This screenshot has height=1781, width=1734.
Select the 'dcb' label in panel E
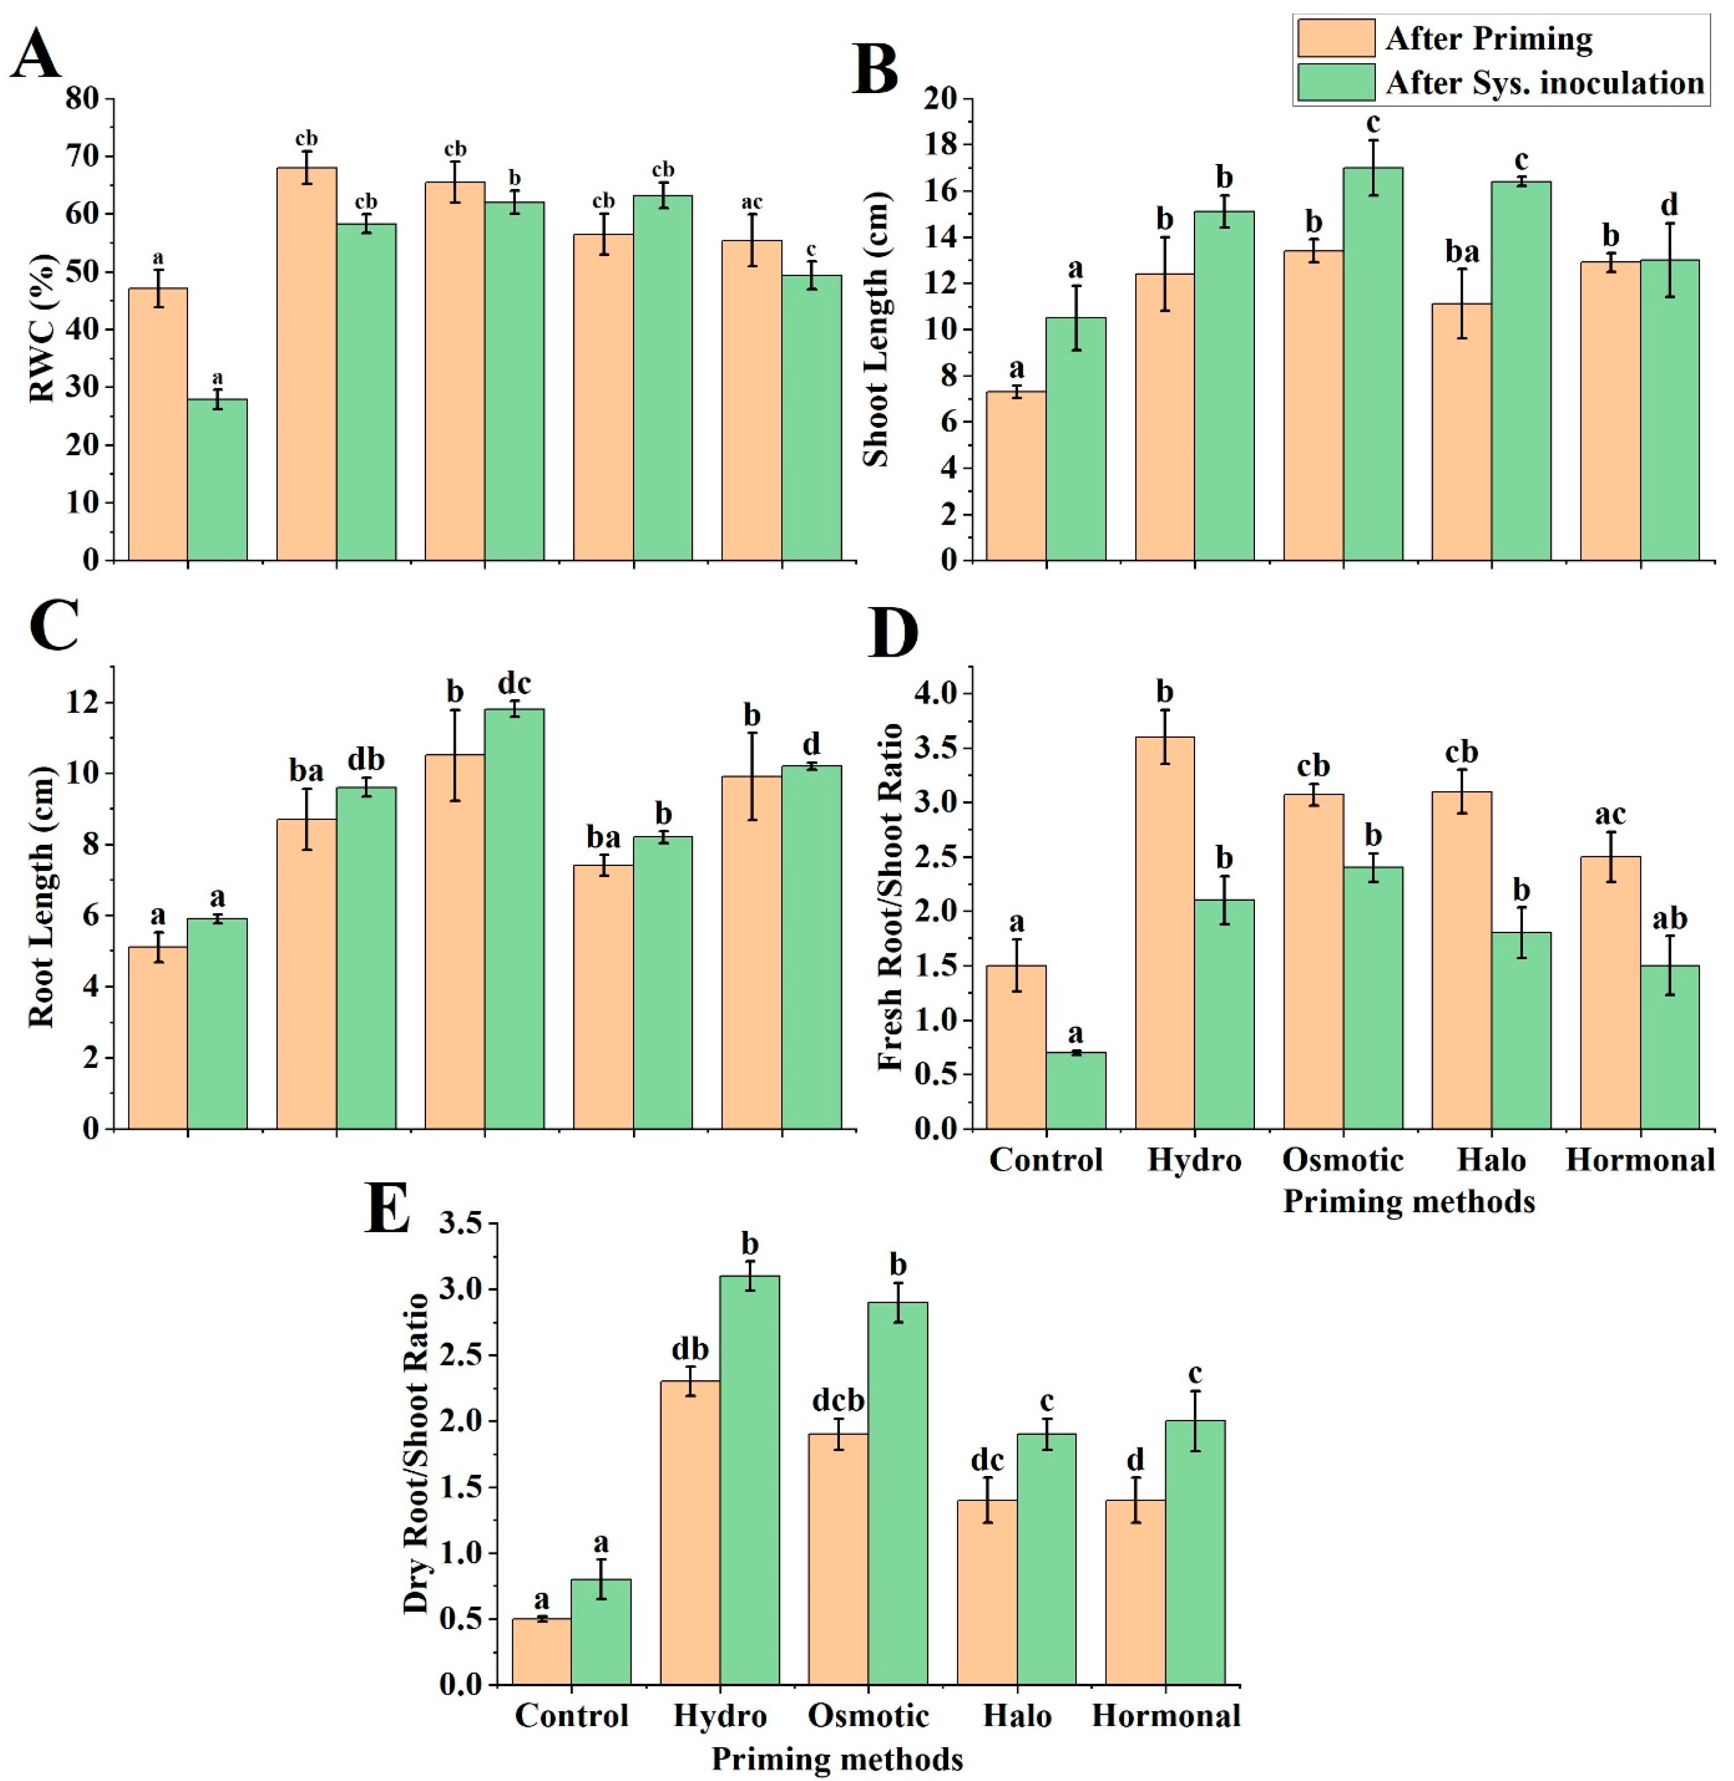coord(838,1401)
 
